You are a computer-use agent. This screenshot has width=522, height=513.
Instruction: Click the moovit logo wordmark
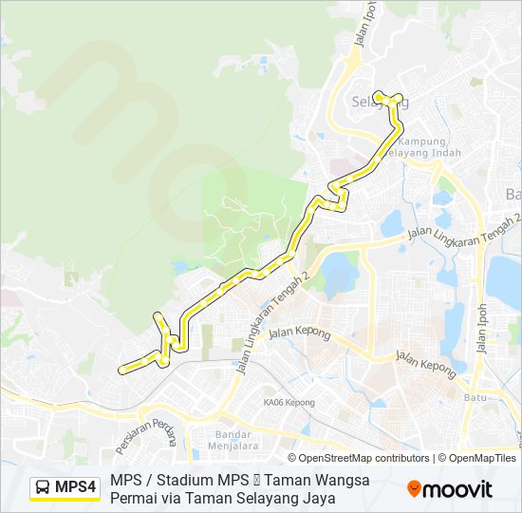(x=457, y=489)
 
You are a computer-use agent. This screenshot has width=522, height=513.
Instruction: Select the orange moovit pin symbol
(x=414, y=489)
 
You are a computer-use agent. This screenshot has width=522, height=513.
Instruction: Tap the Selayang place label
(x=378, y=102)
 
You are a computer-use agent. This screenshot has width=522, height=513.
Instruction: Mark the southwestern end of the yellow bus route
(x=120, y=370)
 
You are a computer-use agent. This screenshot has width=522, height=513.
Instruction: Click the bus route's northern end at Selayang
(x=377, y=94)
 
